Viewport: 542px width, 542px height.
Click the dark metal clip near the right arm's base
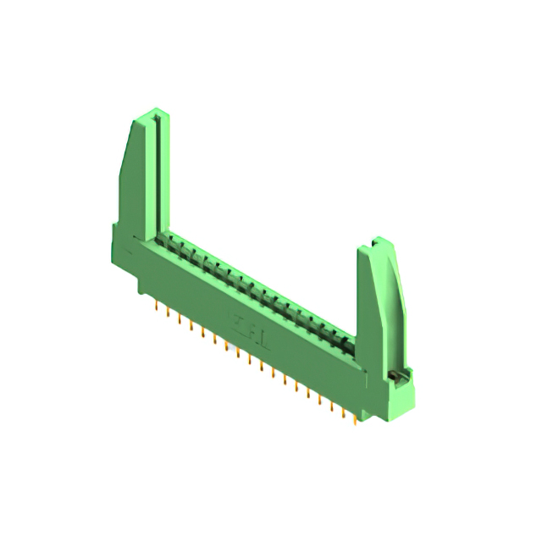[x=393, y=373]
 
